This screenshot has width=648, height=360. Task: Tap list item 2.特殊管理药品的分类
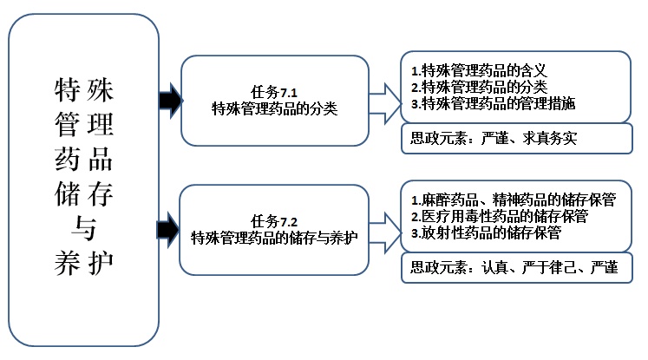point(478,87)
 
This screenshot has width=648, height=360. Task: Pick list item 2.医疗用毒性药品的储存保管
point(500,215)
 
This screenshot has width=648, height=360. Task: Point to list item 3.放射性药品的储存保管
point(486,232)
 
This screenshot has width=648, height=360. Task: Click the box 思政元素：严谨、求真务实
point(517,139)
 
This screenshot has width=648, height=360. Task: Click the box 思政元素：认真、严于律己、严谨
point(517,267)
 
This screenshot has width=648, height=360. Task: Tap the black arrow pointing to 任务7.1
point(169,101)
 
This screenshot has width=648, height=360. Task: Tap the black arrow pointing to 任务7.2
point(168,229)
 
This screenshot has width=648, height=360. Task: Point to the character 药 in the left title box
point(67,160)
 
